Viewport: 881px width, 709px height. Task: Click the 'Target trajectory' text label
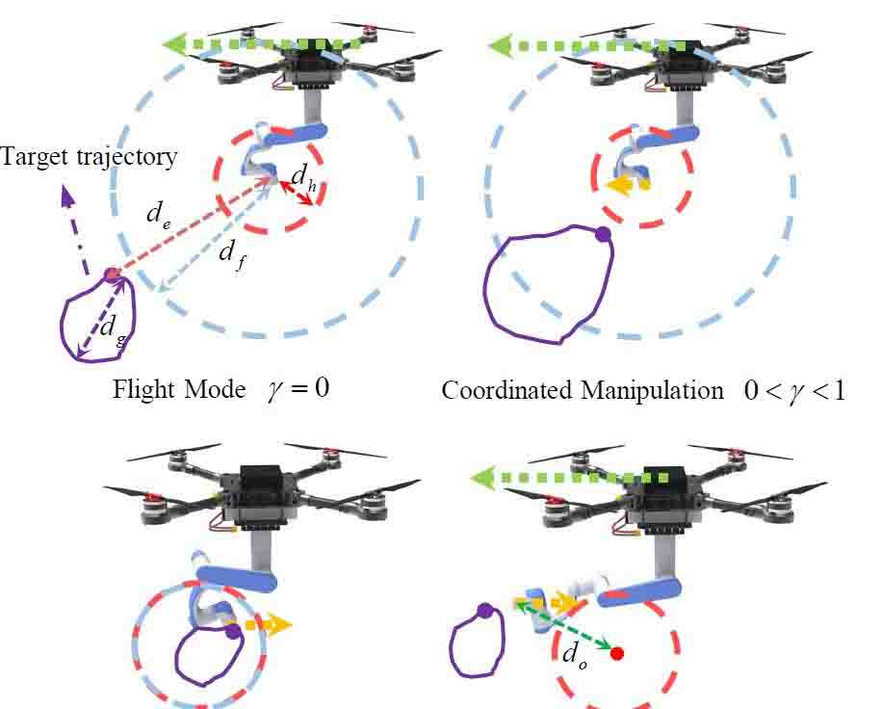click(x=90, y=157)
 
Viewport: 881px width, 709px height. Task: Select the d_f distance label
click(x=230, y=253)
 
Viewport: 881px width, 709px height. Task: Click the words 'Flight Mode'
click(x=179, y=390)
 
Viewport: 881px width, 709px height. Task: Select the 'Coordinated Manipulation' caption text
click(x=583, y=390)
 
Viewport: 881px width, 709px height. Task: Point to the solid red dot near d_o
click(x=617, y=653)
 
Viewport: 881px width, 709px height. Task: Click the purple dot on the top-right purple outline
click(x=603, y=233)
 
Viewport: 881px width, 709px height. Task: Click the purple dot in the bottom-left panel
click(x=232, y=632)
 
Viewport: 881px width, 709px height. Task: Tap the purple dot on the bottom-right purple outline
click(x=484, y=610)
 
